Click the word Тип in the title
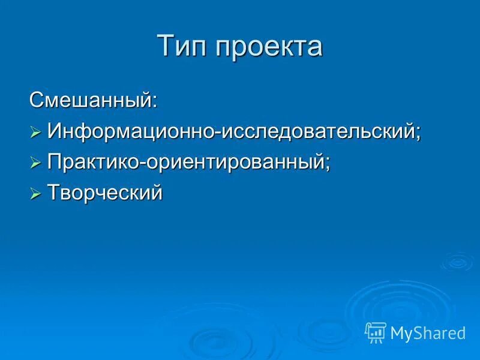pos(181,47)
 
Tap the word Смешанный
pos(91,99)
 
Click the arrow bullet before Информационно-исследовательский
pos(35,131)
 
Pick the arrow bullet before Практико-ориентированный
pos(35,163)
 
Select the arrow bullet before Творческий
pos(35,194)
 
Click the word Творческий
pos(105,193)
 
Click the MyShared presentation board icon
pos(376,332)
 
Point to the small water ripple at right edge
pos(457,261)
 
